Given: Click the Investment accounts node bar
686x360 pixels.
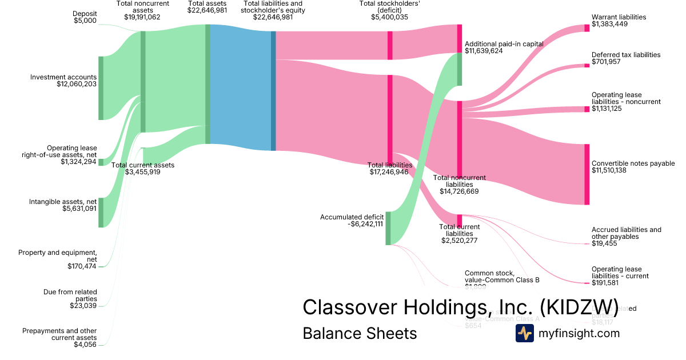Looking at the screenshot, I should [x=101, y=88].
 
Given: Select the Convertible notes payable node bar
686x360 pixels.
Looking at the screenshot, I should [x=587, y=174].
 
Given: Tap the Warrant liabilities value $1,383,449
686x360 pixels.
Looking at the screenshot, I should [x=611, y=24].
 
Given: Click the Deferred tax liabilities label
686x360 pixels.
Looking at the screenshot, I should [x=626, y=55].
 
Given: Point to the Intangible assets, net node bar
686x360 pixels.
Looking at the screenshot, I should [x=101, y=213].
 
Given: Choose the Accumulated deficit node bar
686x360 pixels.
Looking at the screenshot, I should [x=388, y=228].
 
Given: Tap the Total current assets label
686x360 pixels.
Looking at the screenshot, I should [x=142, y=165].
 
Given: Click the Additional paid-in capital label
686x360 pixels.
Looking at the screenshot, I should [x=503, y=43].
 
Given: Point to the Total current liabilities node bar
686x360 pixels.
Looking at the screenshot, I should [x=459, y=221].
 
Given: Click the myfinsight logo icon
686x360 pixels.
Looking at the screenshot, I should [x=524, y=333].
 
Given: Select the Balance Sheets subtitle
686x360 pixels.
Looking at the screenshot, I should [x=360, y=333].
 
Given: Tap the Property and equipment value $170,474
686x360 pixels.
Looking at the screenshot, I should [x=82, y=266].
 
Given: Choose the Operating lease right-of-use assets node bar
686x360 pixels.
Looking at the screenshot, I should [x=101, y=162].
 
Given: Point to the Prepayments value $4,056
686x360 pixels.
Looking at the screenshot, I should [x=85, y=345].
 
